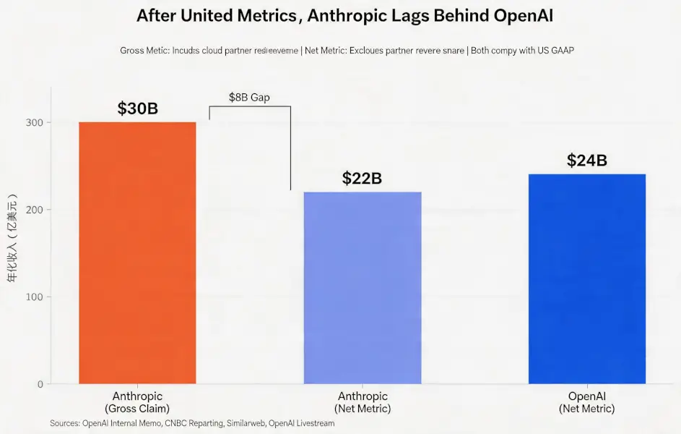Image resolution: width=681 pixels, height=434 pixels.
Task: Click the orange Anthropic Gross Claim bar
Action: [x=137, y=253]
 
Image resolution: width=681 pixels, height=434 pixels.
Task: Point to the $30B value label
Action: [x=137, y=109]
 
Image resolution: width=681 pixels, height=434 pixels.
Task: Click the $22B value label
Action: [x=362, y=178]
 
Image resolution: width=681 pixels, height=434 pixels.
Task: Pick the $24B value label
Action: [x=586, y=161]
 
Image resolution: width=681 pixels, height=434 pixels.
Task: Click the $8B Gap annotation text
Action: [x=249, y=98]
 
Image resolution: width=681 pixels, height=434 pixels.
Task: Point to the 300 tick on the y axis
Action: [x=35, y=123]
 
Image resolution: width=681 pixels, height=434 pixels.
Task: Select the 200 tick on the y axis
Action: [x=35, y=210]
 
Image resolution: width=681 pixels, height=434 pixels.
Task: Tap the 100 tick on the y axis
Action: [x=35, y=297]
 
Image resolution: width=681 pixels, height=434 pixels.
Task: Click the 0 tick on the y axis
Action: [x=40, y=384]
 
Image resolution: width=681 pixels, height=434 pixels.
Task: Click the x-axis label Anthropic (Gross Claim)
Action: [x=137, y=402]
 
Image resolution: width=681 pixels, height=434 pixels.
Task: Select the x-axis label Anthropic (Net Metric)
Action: [x=363, y=402]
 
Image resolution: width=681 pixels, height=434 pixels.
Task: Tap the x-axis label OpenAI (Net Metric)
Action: [x=586, y=402]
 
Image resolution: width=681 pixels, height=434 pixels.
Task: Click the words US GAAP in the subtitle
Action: [x=552, y=51]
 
